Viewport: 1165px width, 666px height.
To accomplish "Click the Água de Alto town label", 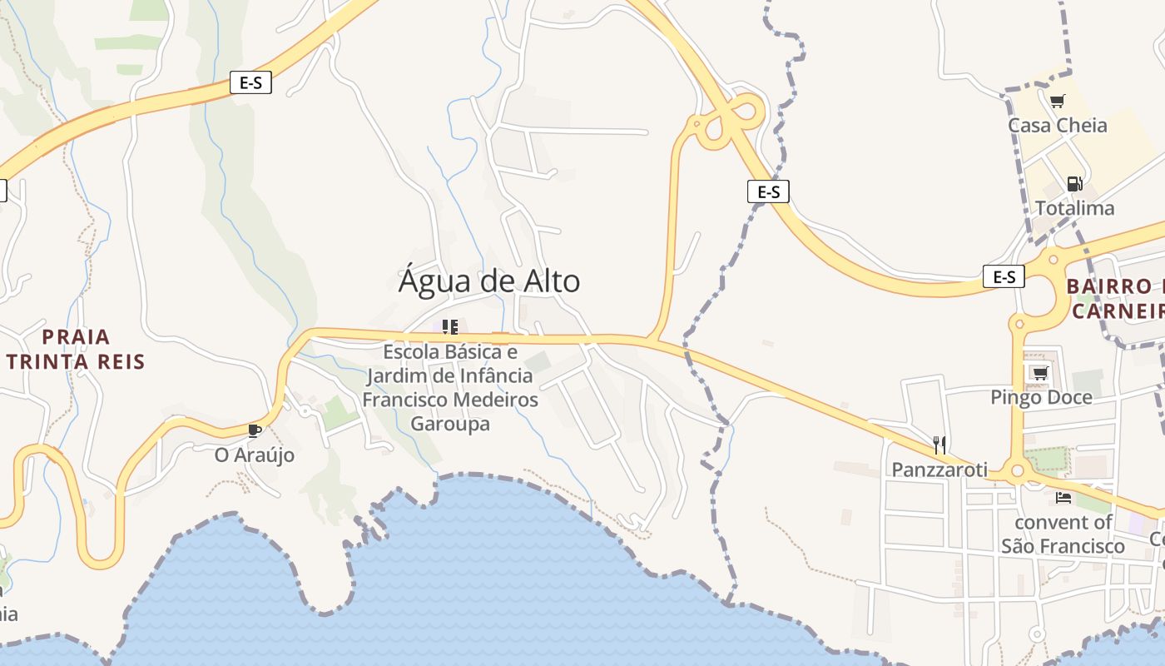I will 489,281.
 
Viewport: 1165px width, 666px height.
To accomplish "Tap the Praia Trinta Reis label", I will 76,349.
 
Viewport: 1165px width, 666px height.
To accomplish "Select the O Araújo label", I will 255,455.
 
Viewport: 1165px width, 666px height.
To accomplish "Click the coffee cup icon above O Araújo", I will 255,430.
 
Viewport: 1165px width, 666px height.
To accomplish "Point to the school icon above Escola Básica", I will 450,326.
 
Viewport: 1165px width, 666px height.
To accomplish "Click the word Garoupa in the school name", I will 450,423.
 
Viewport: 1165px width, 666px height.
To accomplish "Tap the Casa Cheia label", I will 1058,126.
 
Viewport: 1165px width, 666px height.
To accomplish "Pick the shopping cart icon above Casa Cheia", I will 1057,102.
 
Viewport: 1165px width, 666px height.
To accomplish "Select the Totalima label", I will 1074,208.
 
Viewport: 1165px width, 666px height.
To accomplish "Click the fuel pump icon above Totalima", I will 1074,183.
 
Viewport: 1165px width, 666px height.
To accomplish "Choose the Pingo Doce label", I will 1041,397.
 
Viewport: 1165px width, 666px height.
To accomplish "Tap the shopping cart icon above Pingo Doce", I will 1039,373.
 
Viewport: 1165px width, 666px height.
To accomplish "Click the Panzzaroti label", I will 939,470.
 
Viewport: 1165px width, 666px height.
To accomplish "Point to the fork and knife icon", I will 939,445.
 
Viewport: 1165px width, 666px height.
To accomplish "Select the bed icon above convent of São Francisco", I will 1063,498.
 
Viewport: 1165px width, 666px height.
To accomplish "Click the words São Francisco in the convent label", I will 1063,546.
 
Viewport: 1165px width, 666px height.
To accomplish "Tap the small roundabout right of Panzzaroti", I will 1017,472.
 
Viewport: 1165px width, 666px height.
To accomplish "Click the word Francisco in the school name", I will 403,400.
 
